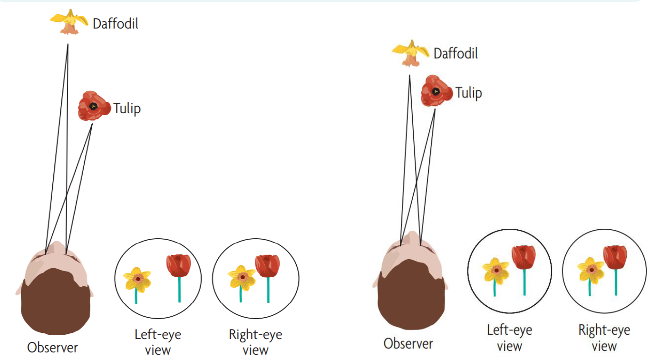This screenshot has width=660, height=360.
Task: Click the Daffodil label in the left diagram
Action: [115, 24]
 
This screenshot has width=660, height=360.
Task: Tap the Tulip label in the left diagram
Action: [127, 108]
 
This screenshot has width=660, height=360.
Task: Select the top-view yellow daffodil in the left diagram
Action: [69, 21]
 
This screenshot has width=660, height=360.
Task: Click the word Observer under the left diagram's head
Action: [52, 347]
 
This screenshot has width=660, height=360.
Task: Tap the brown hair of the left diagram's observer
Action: [56, 304]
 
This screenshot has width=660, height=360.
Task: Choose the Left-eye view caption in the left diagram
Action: [158, 342]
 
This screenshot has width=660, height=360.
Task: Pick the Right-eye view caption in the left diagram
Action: [255, 342]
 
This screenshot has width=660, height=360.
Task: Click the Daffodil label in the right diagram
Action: [456, 53]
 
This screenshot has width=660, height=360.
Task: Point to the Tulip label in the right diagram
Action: [468, 93]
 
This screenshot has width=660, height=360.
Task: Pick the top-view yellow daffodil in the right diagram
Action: [410, 52]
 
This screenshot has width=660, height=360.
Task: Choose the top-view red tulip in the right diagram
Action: [436, 90]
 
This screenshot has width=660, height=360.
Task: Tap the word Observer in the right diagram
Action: [408, 343]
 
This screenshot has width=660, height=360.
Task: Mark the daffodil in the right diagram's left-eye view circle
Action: [495, 271]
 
